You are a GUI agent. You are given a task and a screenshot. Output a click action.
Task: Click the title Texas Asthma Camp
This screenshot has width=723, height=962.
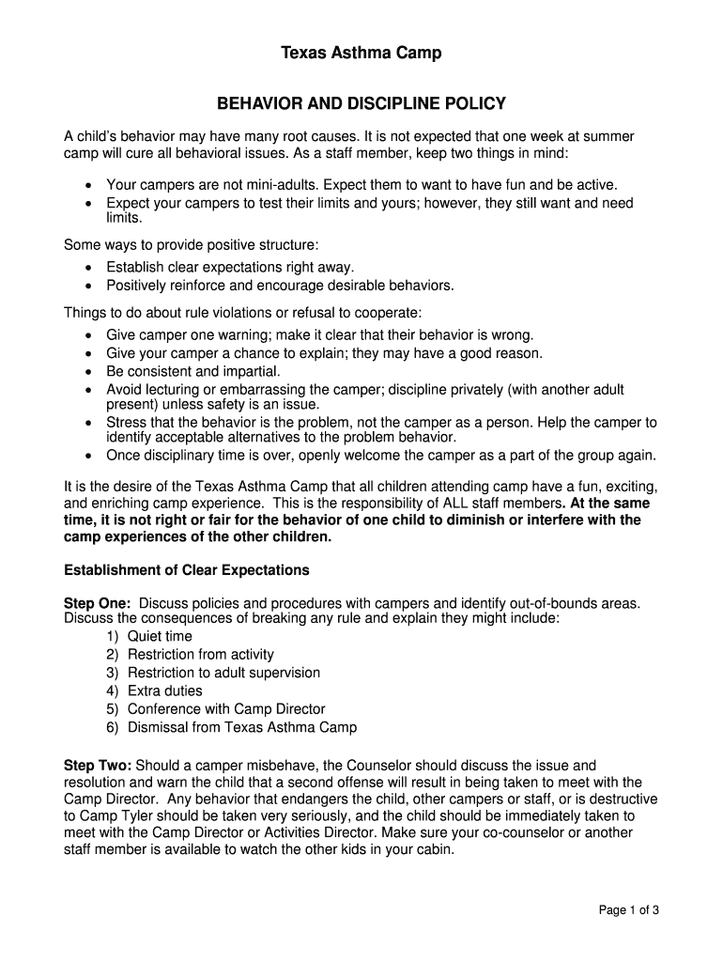click(x=361, y=54)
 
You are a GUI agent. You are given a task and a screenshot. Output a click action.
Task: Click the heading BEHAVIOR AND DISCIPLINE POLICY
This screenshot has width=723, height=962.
click(x=361, y=103)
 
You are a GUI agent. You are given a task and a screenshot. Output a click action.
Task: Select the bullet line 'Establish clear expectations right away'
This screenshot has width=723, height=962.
click(x=230, y=267)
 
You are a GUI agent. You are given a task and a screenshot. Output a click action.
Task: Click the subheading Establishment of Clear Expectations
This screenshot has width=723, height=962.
click(x=186, y=570)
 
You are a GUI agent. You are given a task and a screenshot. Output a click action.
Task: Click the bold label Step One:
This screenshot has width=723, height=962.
click(x=97, y=602)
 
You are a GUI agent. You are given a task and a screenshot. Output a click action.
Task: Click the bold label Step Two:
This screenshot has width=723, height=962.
click(x=97, y=766)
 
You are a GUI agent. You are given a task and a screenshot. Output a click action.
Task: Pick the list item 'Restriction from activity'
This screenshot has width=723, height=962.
click(x=200, y=655)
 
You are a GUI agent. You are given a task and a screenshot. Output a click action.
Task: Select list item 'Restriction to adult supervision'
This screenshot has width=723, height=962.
click(x=223, y=673)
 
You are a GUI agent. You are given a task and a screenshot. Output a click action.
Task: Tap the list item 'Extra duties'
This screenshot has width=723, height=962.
click(x=164, y=690)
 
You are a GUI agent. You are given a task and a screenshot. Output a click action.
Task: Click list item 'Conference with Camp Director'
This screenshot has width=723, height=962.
click(x=226, y=709)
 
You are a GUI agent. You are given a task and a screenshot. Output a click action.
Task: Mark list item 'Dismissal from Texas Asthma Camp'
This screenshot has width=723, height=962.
click(x=241, y=727)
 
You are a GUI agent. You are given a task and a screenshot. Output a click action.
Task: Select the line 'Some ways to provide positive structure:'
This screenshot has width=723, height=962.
click(x=191, y=244)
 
